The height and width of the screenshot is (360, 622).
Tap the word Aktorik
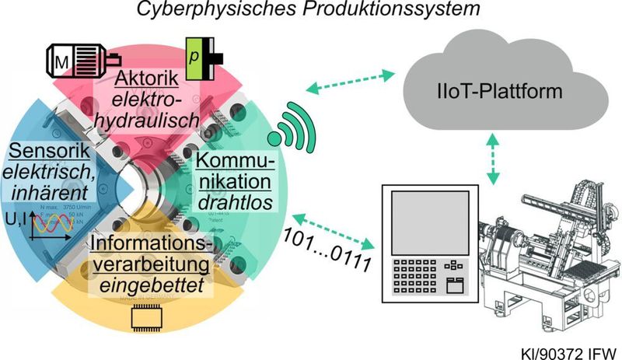(x=146, y=79)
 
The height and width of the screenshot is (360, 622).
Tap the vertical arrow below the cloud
(x=491, y=159)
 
